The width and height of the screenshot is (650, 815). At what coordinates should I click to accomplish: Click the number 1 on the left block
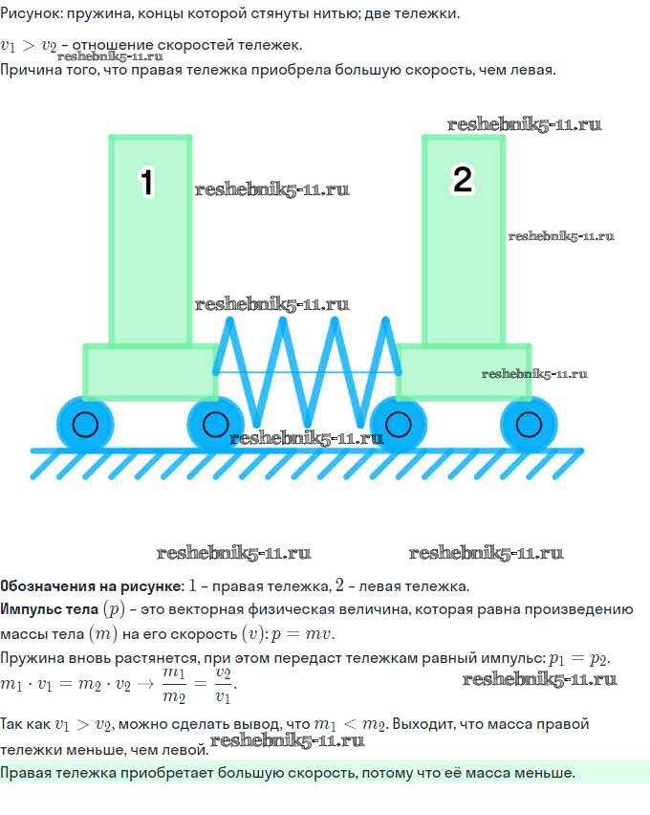pyautogui.click(x=147, y=183)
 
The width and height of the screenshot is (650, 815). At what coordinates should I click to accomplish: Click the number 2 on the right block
pyautogui.click(x=463, y=179)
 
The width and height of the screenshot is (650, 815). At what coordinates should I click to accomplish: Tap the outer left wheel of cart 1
pyautogui.click(x=85, y=424)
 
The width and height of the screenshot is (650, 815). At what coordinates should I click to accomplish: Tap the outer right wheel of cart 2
pyautogui.click(x=529, y=424)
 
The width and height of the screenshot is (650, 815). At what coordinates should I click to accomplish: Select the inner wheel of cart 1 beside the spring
pyautogui.click(x=215, y=424)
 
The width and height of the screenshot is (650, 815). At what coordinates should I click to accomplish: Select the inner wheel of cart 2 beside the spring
pyautogui.click(x=399, y=424)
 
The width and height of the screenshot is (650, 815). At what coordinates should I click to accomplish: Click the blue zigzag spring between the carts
pyautogui.click(x=307, y=372)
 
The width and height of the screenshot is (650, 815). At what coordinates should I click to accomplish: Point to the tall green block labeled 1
pyautogui.click(x=150, y=239)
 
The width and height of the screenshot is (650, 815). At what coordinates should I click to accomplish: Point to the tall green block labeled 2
pyautogui.click(x=464, y=239)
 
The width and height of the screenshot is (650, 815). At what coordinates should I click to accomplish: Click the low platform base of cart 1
pyautogui.click(x=151, y=372)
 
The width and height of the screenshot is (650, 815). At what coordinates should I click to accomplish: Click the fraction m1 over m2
pyautogui.click(x=174, y=684)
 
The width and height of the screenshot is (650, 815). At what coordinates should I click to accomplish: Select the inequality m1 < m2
pyautogui.click(x=349, y=724)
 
